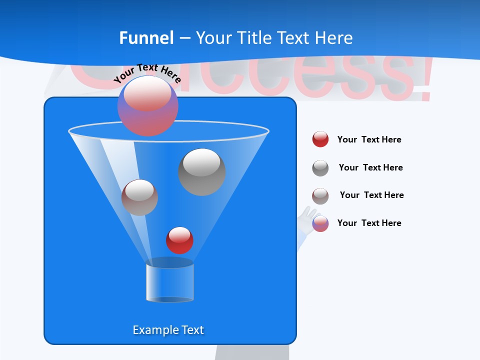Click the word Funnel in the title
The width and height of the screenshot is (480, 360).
[146, 38]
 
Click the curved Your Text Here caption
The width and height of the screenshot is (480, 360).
[147, 72]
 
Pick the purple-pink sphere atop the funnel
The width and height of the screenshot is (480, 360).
[148, 105]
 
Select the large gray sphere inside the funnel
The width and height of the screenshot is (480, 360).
[202, 172]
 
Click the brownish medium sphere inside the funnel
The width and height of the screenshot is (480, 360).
[139, 197]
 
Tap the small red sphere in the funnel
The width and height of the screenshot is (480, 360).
[179, 240]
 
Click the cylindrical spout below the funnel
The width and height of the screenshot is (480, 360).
[170, 282]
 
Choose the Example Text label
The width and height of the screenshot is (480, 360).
[168, 330]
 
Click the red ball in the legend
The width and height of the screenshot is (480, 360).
[320, 139]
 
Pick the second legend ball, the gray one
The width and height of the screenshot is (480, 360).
[320, 168]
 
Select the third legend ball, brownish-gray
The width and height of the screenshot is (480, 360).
[320, 196]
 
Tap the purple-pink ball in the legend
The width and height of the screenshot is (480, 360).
[320, 223]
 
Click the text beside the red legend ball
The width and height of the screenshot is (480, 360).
[369, 139]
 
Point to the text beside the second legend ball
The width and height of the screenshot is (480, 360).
[370, 167]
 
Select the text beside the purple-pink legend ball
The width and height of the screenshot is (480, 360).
[369, 223]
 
